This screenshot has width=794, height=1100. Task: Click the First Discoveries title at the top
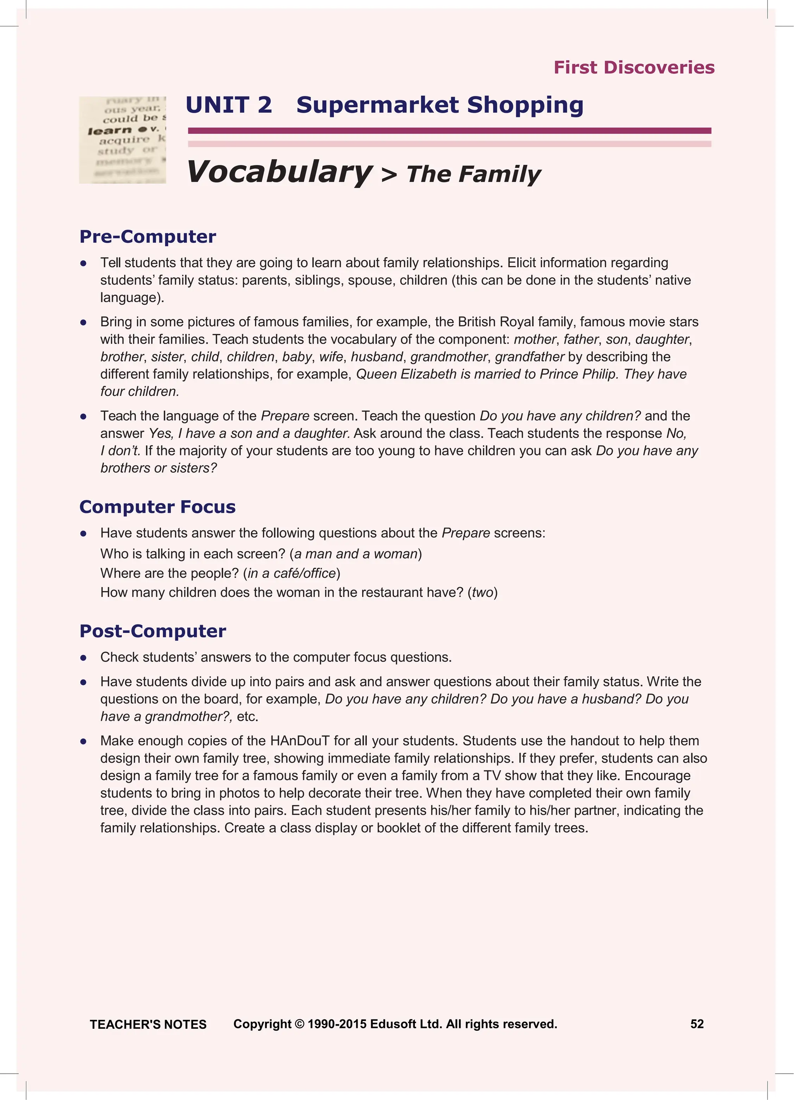[x=633, y=67]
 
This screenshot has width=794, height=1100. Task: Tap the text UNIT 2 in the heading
[x=229, y=105]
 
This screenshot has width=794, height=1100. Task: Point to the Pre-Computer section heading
[x=148, y=237]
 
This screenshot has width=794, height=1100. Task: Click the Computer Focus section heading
[x=157, y=507]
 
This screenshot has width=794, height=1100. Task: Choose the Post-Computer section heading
[x=152, y=631]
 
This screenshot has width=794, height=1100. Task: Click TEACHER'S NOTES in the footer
[x=148, y=1024]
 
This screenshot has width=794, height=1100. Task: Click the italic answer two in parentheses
[x=482, y=593]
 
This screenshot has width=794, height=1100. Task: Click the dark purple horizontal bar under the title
[x=449, y=131]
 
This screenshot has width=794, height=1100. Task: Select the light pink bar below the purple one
[x=449, y=144]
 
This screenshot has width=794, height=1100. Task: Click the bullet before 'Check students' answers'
[x=83, y=658]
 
